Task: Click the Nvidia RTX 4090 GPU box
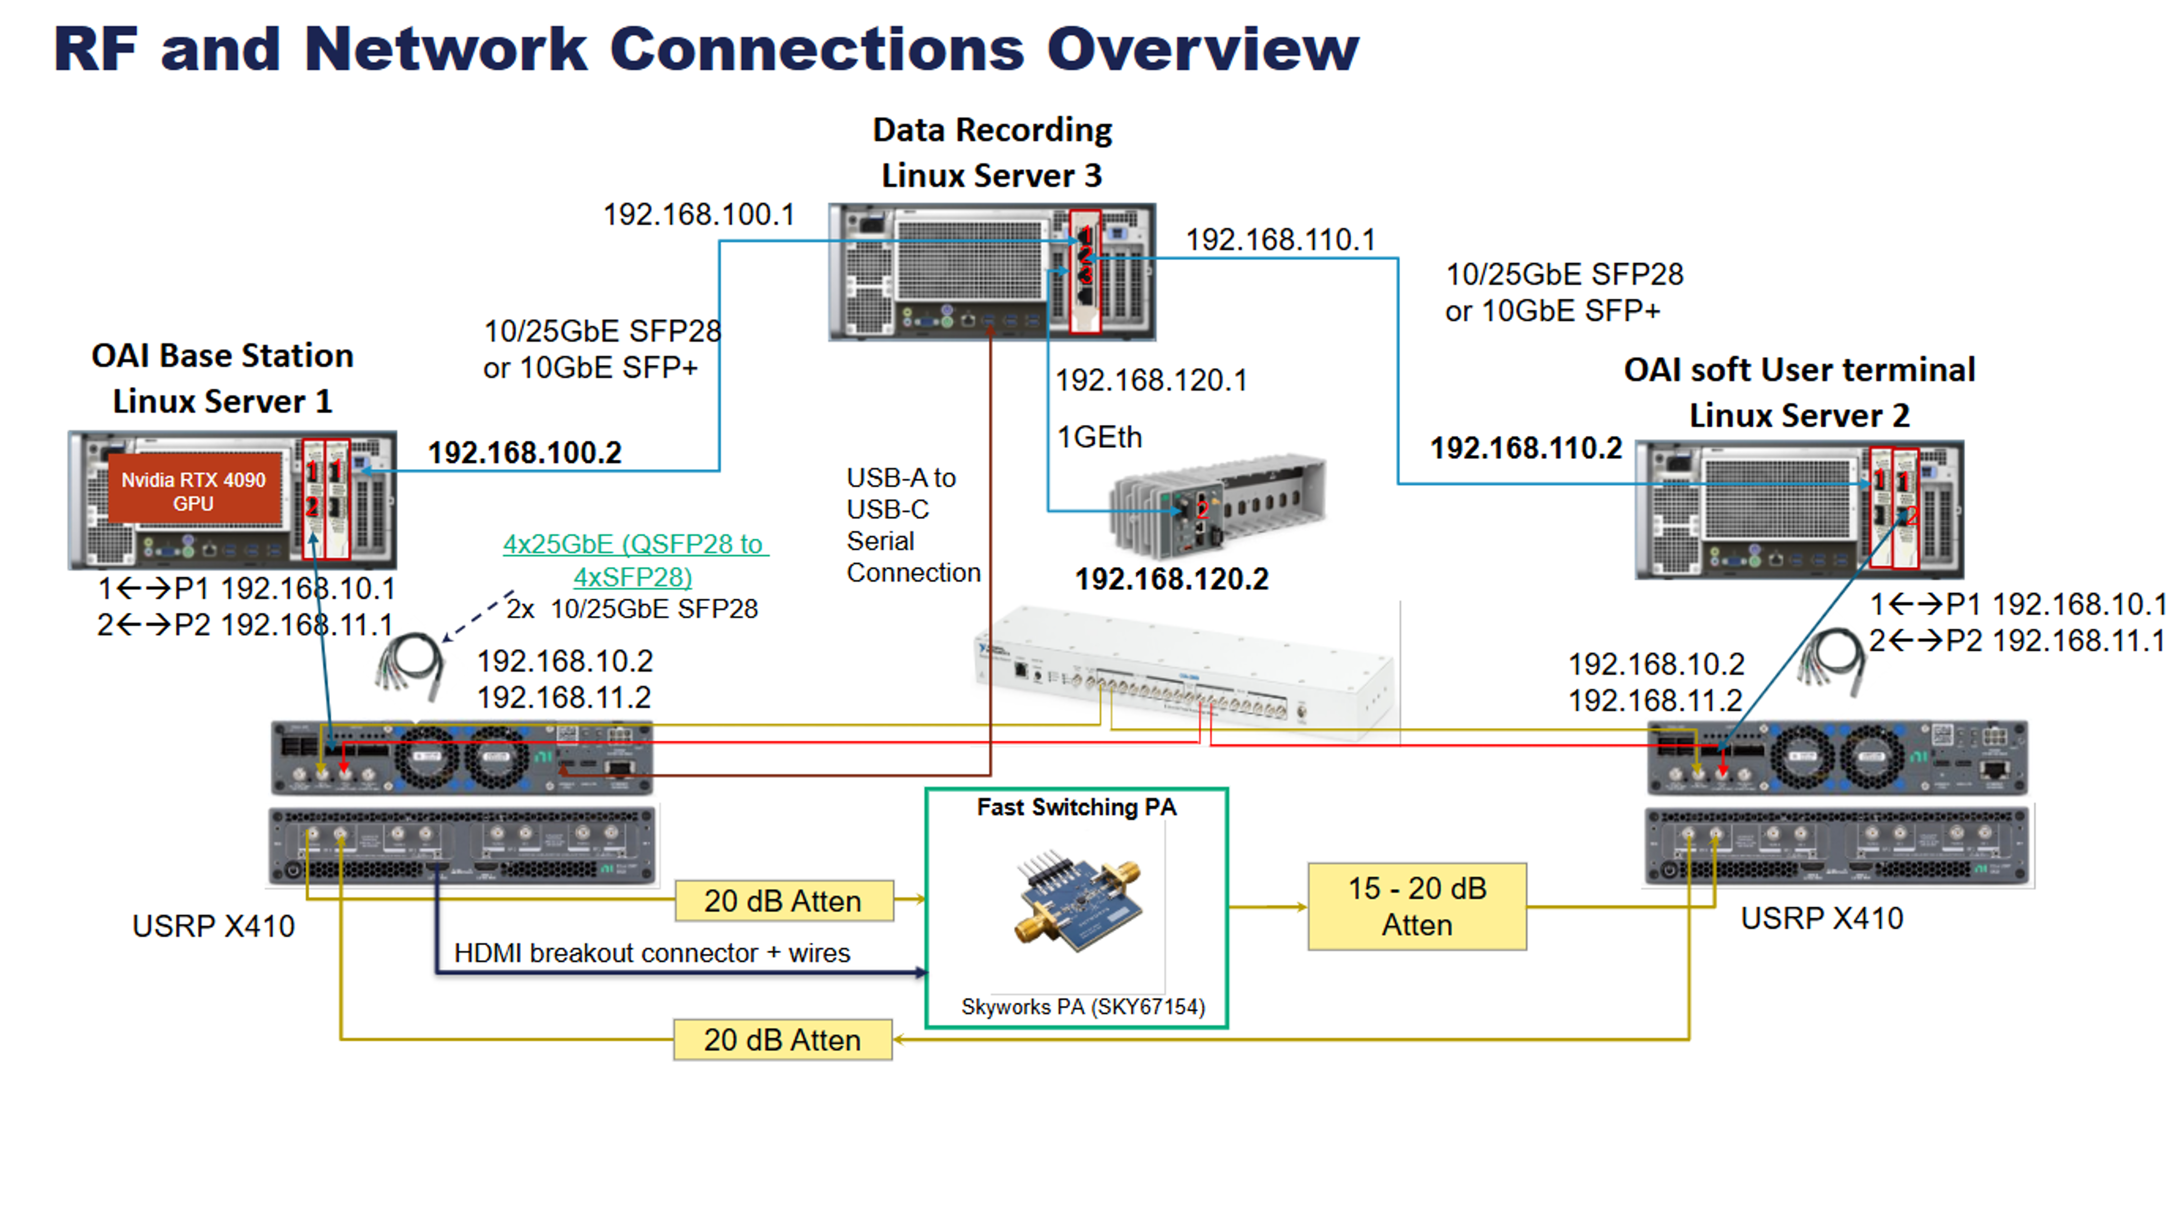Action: point(194,492)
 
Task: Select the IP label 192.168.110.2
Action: point(1525,448)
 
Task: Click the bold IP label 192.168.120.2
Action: point(1171,579)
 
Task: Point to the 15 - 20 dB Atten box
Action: point(1417,906)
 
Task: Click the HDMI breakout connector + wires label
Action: point(652,953)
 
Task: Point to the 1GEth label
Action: point(1099,437)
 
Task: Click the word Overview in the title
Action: point(1202,49)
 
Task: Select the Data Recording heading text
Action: point(992,130)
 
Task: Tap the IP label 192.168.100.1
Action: point(699,214)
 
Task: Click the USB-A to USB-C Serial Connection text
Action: point(912,525)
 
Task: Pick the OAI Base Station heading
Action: point(222,356)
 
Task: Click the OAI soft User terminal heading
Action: point(1799,370)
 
